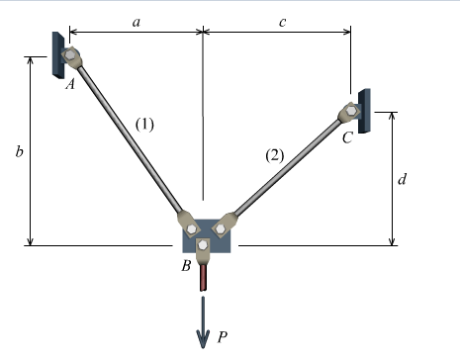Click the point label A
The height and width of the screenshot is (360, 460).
[69, 86]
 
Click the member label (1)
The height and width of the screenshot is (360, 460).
[145, 125]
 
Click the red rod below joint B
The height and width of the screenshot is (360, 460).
[204, 276]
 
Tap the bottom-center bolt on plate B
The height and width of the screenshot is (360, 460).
[204, 244]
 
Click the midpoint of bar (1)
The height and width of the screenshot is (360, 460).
[127, 138]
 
